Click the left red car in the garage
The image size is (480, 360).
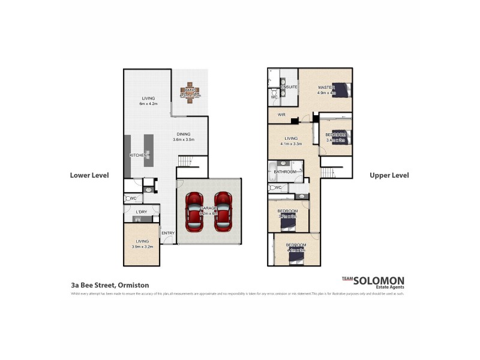(x=194, y=212)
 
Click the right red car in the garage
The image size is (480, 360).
(x=223, y=212)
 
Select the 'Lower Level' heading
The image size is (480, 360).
(x=89, y=176)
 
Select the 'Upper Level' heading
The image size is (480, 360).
(x=389, y=176)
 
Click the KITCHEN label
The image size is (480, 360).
(x=139, y=155)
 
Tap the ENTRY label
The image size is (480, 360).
(x=167, y=233)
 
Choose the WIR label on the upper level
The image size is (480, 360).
(x=281, y=115)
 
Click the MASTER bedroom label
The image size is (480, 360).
(x=326, y=88)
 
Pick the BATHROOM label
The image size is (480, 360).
(x=285, y=172)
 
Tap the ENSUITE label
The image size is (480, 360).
(x=290, y=88)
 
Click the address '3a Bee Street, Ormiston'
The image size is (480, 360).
(x=110, y=285)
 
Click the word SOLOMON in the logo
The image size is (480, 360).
(x=379, y=280)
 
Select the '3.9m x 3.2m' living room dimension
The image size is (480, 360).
(x=142, y=246)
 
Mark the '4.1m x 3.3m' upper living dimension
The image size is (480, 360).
(x=291, y=144)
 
